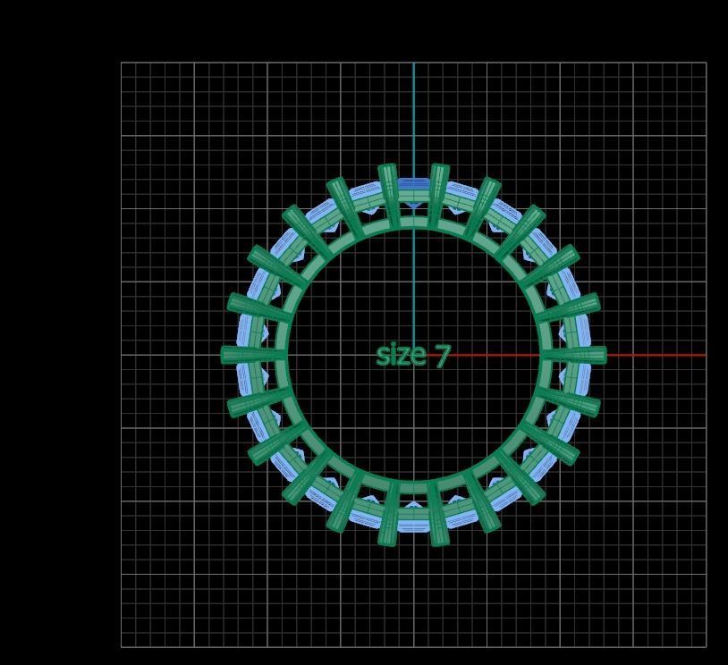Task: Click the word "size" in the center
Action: (x=400, y=355)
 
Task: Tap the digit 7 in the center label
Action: (x=441, y=356)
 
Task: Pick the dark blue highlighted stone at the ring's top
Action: (x=413, y=187)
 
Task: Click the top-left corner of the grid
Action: (x=122, y=63)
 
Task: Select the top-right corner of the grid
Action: (x=706, y=63)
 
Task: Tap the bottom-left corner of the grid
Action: (x=122, y=646)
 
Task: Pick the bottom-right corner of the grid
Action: (x=706, y=646)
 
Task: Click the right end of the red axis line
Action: (x=705, y=355)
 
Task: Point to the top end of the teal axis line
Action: (x=414, y=63)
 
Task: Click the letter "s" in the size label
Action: (x=382, y=356)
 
